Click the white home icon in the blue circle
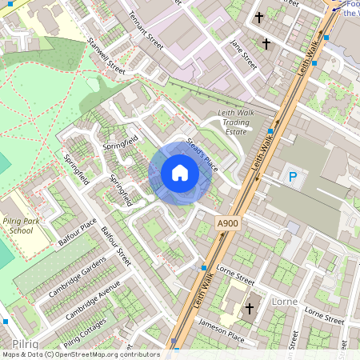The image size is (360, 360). tap(180, 174)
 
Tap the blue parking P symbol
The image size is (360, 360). tap(293, 178)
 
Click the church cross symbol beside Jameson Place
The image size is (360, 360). tap(249, 308)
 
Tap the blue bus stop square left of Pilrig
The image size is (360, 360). tap(6, 322)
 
